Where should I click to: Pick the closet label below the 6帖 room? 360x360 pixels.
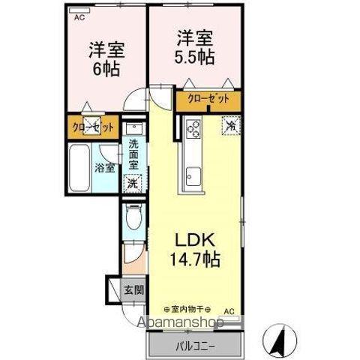[94, 127]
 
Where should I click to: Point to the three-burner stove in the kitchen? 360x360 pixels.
[193, 129]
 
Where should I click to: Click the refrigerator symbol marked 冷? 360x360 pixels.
[231, 126]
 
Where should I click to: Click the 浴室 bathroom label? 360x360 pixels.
[103, 168]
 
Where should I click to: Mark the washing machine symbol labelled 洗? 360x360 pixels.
[132, 182]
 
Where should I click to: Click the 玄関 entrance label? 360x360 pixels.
[133, 290]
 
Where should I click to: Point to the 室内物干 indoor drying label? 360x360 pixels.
[187, 309]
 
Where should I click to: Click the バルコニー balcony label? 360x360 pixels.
[196, 346]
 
